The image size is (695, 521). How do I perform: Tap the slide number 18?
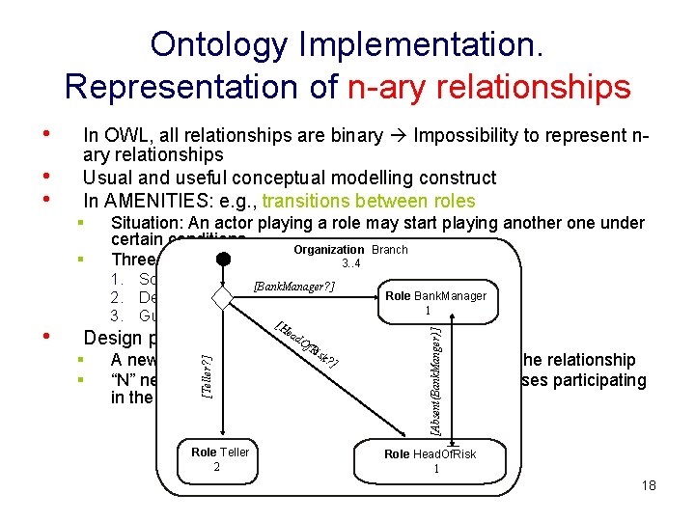648,485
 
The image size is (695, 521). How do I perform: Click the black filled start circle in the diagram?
223,260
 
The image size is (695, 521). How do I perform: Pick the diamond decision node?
223,297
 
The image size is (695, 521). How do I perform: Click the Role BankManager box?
435,302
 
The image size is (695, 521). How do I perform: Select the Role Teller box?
219,459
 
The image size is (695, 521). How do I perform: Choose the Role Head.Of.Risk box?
430,461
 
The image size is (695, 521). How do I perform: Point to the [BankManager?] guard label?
293,287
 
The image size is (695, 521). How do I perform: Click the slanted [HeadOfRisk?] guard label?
304,345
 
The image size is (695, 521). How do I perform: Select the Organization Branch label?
350,250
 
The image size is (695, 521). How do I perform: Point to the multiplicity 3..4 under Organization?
350,263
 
